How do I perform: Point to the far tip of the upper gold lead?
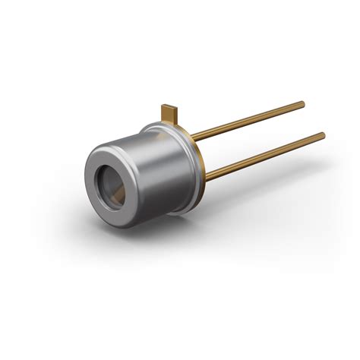click(x=302, y=103)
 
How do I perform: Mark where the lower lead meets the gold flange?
click(x=205, y=177)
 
